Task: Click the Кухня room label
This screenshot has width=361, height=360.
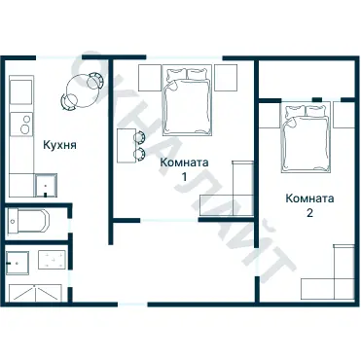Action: pyautogui.click(x=60, y=145)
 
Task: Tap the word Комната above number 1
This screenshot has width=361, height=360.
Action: pyautogui.click(x=184, y=162)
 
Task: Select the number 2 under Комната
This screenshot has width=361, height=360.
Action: pyautogui.click(x=309, y=213)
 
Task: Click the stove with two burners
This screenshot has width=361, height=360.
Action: pyautogui.click(x=21, y=124)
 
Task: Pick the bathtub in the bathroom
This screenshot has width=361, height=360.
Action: pyautogui.click(x=28, y=221)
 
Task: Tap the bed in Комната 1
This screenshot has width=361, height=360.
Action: pyautogui.click(x=187, y=100)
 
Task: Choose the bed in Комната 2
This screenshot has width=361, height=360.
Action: pyautogui.click(x=306, y=137)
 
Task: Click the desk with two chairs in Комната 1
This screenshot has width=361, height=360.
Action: pyautogui.click(x=126, y=146)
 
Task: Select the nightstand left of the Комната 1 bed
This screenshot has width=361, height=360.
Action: pyautogui.click(x=150, y=78)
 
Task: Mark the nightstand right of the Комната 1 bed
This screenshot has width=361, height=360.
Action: pyautogui.click(x=226, y=78)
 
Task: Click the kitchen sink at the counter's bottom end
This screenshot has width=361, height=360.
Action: pyautogui.click(x=46, y=186)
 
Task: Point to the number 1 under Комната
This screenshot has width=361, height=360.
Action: pyautogui.click(x=184, y=177)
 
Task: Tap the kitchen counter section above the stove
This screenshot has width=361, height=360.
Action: pyautogui.click(x=21, y=90)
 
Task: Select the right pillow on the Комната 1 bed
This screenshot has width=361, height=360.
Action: pyautogui.click(x=198, y=75)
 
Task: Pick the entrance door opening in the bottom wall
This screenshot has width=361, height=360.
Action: pyautogui.click(x=132, y=305)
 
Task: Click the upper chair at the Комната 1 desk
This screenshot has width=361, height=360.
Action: pyautogui.click(x=140, y=137)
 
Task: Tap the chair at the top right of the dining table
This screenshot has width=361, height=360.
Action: pyautogui.click(x=96, y=81)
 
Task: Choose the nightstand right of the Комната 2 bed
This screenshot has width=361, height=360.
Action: pyautogui.click(x=343, y=115)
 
